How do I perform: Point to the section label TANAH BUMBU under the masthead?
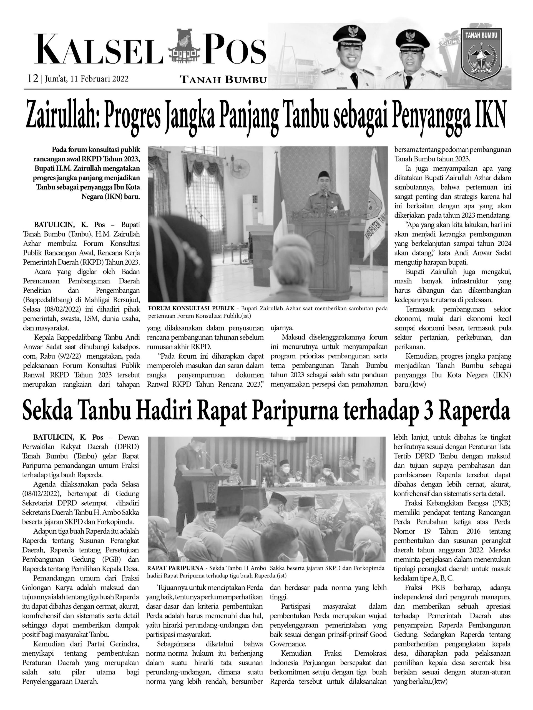click(223, 80)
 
